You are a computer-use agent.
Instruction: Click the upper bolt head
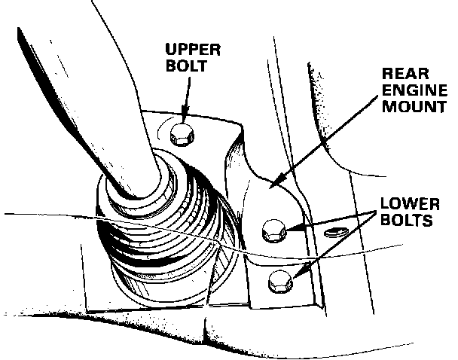coord(183,135)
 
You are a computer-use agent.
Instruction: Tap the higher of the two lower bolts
coord(273,231)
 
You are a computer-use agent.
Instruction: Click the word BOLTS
coord(406,221)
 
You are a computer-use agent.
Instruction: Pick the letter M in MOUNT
coord(389,106)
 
